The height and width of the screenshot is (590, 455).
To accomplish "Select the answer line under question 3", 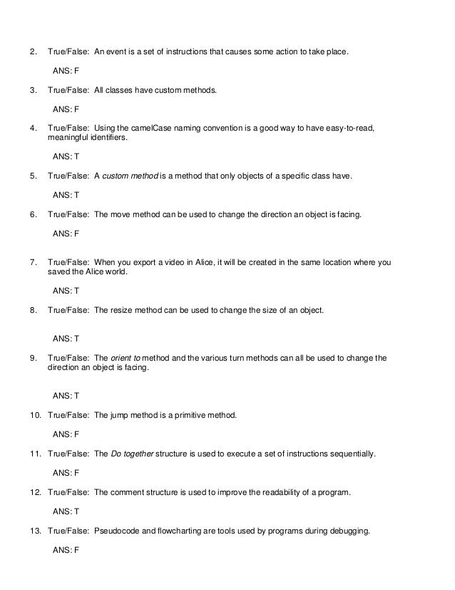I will pyautogui.click(x=66, y=109).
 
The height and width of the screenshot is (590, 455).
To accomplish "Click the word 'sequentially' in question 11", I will pyautogui.click(x=351, y=454).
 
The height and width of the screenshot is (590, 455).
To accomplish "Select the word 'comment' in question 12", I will pyautogui.click(x=129, y=492).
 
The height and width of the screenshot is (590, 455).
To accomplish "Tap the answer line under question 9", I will pyautogui.click(x=66, y=395).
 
